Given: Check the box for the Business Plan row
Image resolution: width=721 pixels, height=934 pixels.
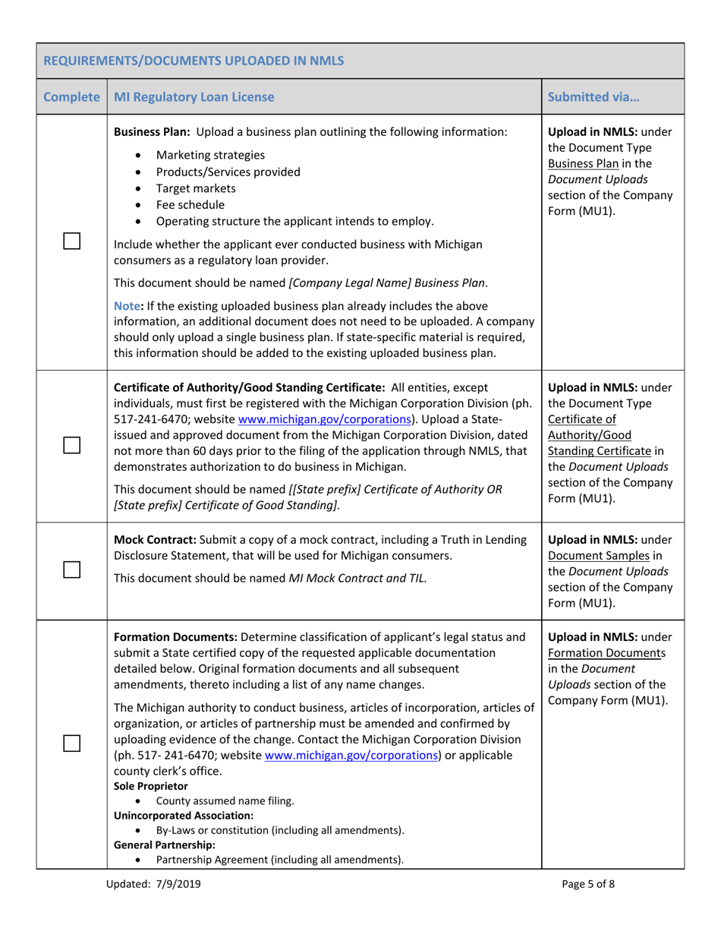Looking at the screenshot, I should pos(72,241).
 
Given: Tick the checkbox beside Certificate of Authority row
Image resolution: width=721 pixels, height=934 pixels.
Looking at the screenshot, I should pos(72,446).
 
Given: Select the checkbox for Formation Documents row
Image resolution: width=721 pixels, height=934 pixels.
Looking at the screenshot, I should pos(72,743).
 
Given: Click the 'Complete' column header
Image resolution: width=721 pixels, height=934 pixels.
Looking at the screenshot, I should pos(72,97).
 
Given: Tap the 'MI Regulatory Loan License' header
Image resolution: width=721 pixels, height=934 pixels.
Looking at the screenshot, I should pos(190,97).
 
